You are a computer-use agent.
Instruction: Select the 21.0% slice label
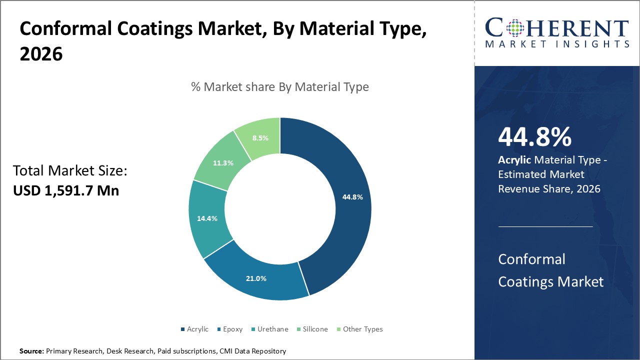coord(255,278)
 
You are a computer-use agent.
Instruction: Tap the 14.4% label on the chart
coord(206,218)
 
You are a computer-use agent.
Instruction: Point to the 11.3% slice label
coord(223,162)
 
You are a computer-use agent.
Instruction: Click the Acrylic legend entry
coord(194,329)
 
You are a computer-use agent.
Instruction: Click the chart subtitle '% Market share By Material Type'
coord(280,87)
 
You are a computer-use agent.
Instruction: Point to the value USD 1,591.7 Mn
coord(66,190)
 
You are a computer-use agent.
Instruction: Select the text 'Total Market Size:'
coord(70,171)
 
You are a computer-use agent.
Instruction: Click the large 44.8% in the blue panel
coord(534,137)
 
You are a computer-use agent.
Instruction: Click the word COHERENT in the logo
coord(557,27)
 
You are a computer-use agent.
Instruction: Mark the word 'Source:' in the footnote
coord(31,351)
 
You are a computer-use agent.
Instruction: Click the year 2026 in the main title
coord(41,54)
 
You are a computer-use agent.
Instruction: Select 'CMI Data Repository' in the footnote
coord(252,351)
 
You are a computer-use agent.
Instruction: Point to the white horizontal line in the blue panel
coord(545,226)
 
